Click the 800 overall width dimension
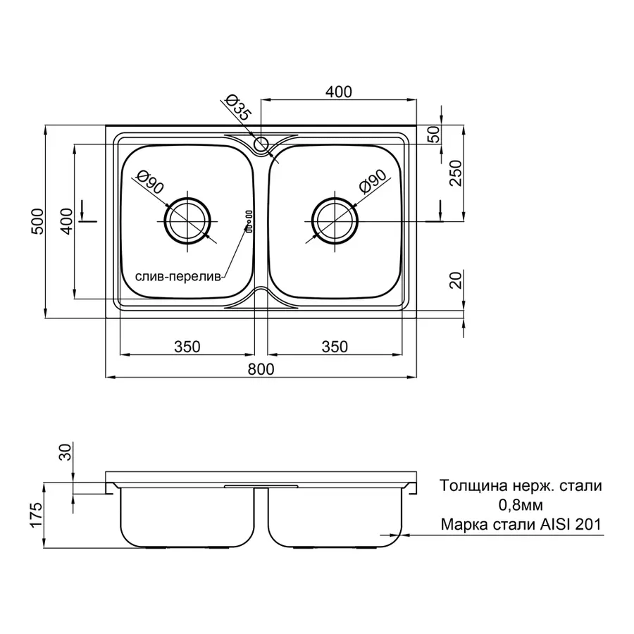point(261,369)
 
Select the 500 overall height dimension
point(37,222)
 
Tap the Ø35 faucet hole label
point(238,107)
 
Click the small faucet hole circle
point(261,144)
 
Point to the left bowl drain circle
point(187,221)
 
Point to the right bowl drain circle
point(335,221)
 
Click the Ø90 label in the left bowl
point(151,182)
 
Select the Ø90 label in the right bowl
point(373,181)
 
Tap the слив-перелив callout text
point(178,277)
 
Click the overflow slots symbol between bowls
point(249,221)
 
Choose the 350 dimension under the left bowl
point(187,347)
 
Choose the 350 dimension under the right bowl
point(335,347)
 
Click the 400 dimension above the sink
point(339,92)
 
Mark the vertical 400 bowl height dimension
point(67,221)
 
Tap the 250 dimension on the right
point(456,173)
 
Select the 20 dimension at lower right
point(456,280)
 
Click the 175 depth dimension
point(36,515)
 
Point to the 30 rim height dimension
point(65,452)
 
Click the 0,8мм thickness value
point(521,505)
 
